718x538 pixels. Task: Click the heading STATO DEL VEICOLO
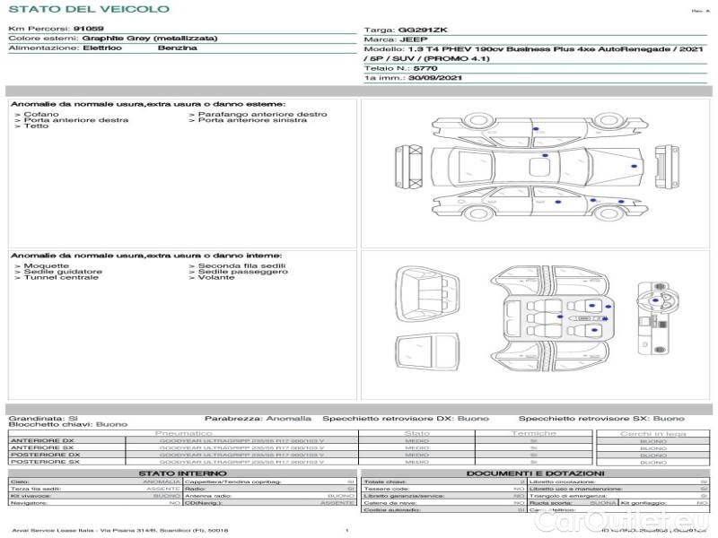(88, 9)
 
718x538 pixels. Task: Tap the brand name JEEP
(413, 39)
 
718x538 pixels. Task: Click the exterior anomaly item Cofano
(42, 115)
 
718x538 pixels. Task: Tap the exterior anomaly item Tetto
(37, 126)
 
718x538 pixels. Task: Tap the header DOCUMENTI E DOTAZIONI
(535, 473)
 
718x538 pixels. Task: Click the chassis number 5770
(425, 68)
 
